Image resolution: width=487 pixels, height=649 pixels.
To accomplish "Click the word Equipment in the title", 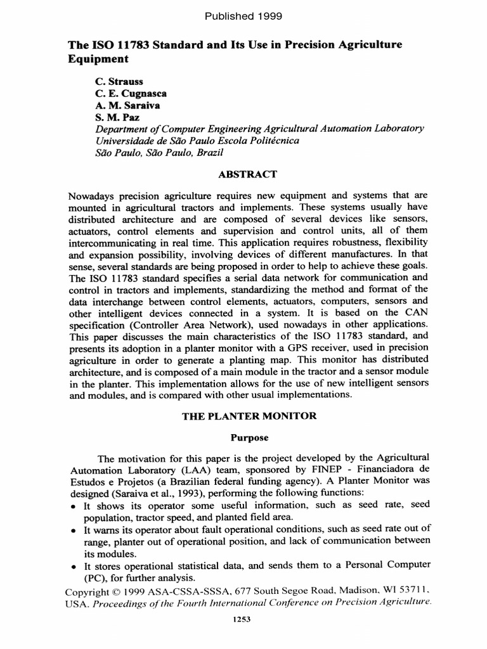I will [98, 59].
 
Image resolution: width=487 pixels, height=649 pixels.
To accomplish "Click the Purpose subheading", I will [243, 437].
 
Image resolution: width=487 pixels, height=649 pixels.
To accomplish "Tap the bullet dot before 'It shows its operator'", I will [74, 505].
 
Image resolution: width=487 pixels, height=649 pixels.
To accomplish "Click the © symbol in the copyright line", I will [114, 592].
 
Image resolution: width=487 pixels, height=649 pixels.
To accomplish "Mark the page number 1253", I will [243, 620].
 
